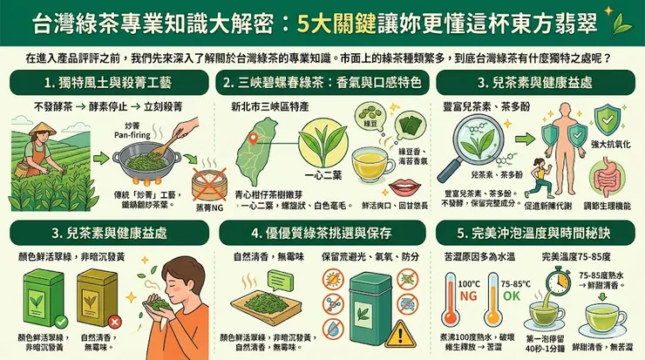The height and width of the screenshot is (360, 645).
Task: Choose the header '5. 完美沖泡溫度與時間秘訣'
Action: click(x=535, y=233)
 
